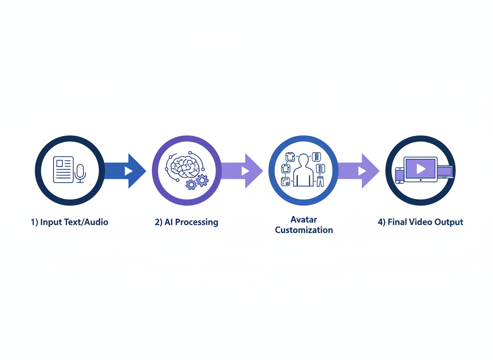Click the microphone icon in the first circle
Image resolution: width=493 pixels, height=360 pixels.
(80, 172)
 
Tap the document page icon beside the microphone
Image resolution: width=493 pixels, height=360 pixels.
(63, 170)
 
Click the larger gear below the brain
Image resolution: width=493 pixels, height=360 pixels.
(202, 180)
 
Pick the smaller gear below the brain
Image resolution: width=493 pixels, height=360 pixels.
(191, 185)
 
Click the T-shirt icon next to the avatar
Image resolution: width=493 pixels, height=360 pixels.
(290, 157)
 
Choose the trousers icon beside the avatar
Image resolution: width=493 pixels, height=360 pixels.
(320, 181)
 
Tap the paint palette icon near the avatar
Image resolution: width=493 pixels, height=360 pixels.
(286, 181)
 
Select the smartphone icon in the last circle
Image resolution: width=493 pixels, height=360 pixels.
(400, 175)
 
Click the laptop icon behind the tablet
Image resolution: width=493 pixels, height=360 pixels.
(445, 171)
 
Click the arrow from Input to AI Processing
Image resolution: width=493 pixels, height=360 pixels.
(125, 171)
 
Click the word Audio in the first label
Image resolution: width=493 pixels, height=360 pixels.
(96, 222)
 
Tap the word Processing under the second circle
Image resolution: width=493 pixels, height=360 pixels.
(196, 222)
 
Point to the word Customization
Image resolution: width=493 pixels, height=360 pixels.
(304, 230)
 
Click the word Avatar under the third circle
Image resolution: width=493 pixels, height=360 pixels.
(304, 220)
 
